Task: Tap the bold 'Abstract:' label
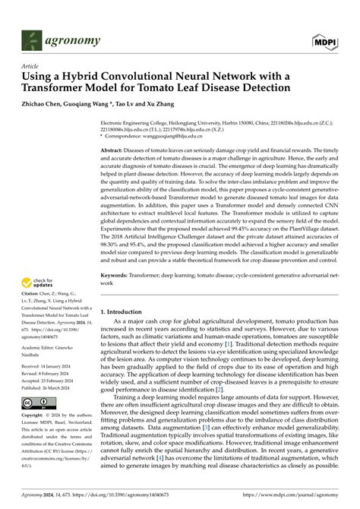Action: [116, 152]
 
